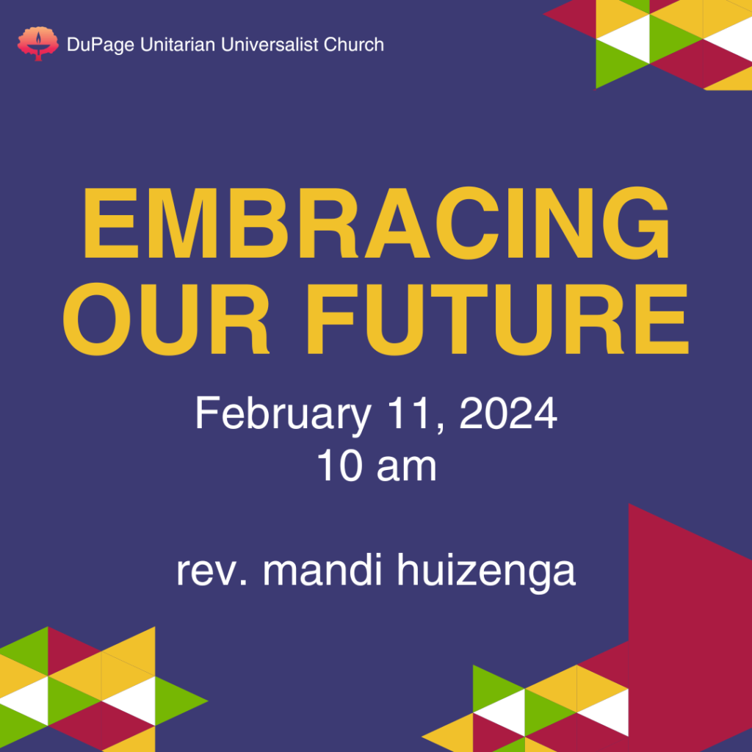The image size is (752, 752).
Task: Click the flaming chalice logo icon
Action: click(38, 43)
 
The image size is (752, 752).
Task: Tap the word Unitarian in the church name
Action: click(178, 45)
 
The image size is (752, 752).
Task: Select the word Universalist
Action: click(270, 45)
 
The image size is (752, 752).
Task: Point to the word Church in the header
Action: click(354, 45)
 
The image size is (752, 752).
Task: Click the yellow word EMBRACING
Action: click(377, 223)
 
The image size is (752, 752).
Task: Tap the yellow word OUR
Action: click(166, 319)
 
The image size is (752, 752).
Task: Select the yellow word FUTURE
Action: click(498, 319)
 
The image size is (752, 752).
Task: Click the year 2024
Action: click(508, 413)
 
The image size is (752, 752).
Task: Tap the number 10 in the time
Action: click(339, 466)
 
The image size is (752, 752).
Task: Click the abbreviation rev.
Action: click(212, 572)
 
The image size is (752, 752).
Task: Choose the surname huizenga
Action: click(486, 571)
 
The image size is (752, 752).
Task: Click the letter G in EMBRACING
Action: click(635, 223)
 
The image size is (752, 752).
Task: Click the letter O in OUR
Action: click(98, 319)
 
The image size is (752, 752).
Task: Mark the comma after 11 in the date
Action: click(441, 428)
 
